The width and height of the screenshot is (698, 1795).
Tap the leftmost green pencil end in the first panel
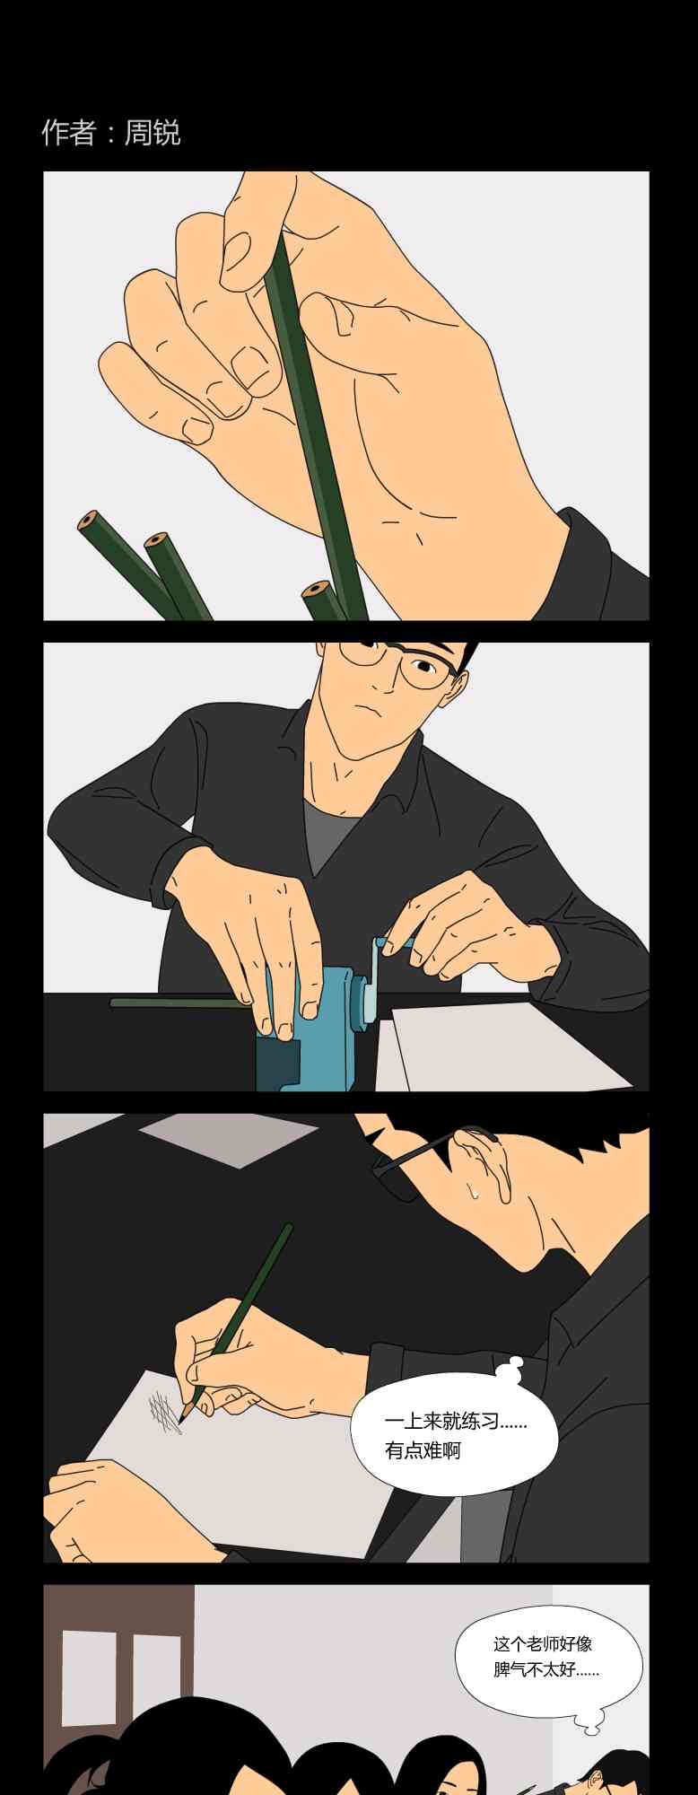pos(88,521)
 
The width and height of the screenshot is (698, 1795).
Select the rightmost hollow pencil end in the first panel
pos(314,591)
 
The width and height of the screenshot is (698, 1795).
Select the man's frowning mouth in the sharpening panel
pos(366,709)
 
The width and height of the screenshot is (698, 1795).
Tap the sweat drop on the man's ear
pos(472,1192)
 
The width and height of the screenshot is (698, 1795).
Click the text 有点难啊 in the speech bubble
pos(423,1450)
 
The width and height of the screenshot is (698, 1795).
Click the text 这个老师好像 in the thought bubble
pos(543,1644)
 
